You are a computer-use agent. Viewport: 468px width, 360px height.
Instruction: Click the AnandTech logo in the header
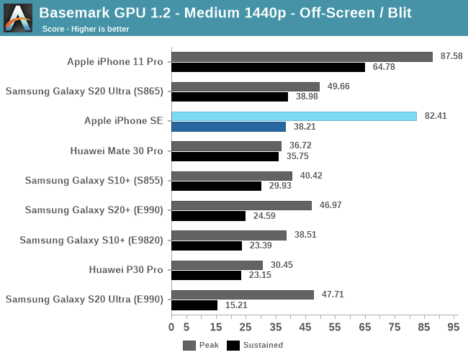17,17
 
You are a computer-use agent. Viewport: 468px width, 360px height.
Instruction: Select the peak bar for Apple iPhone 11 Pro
302,56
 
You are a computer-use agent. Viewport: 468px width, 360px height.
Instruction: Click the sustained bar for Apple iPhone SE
228,127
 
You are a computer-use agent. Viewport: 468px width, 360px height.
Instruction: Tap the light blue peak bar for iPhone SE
294,116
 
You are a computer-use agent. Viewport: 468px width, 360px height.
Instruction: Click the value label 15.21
234,305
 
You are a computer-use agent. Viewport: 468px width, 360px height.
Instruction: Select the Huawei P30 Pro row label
126,270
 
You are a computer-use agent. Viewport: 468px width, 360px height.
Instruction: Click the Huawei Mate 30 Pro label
117,151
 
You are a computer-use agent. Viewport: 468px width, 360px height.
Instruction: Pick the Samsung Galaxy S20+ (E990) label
94,210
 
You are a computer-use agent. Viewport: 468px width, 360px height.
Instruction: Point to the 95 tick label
453,328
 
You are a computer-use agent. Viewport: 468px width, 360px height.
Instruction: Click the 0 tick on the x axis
171,328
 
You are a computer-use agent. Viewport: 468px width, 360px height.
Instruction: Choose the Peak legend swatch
189,345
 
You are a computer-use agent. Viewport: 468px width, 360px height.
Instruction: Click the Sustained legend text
264,345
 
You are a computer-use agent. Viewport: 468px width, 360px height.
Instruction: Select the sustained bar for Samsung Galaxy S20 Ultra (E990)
194,305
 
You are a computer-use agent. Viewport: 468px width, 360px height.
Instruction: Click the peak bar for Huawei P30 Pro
217,265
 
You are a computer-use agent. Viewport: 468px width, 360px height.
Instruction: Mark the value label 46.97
328,205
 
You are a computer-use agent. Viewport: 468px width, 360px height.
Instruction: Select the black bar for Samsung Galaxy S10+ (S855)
216,186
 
